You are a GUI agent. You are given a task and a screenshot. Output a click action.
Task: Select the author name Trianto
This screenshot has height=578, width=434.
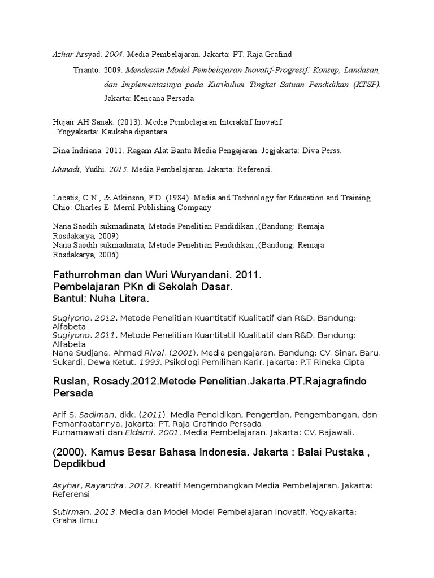[86, 71]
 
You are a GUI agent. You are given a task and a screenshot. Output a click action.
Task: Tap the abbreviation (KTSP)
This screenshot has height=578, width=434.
[367, 85]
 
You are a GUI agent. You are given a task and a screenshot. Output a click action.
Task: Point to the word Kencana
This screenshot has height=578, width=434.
[150, 98]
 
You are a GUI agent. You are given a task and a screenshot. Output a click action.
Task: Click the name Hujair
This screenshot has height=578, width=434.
[63, 122]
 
